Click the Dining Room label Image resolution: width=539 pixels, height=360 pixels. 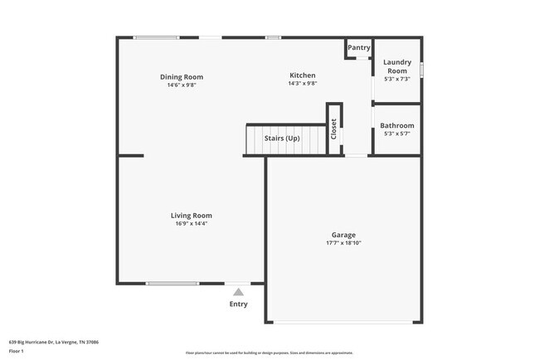[182, 77]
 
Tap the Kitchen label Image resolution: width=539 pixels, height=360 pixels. [302, 75]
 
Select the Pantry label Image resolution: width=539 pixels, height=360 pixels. [359, 48]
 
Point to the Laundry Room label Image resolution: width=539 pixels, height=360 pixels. [397, 66]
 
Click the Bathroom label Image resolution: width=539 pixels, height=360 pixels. [396, 126]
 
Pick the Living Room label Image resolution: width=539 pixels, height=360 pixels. [192, 216]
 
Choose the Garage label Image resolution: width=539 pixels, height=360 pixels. [343, 235]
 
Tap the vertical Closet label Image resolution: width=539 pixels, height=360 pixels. [334, 129]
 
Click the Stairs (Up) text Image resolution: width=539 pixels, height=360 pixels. [282, 138]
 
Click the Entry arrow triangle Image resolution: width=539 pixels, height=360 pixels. [238, 292]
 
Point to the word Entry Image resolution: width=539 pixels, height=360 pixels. [238, 304]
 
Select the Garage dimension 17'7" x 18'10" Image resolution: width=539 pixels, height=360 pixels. [343, 243]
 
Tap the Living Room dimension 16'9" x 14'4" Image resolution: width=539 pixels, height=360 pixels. [192, 224]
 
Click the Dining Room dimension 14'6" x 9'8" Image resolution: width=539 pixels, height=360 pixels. [182, 85]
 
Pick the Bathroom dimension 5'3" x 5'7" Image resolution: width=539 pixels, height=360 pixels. [396, 134]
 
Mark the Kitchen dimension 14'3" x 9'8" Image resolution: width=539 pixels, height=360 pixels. [302, 84]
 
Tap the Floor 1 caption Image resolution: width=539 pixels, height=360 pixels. [17, 351]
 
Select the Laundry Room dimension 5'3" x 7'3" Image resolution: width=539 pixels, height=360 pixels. [397, 79]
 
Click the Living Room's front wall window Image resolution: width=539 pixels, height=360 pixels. [172, 284]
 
